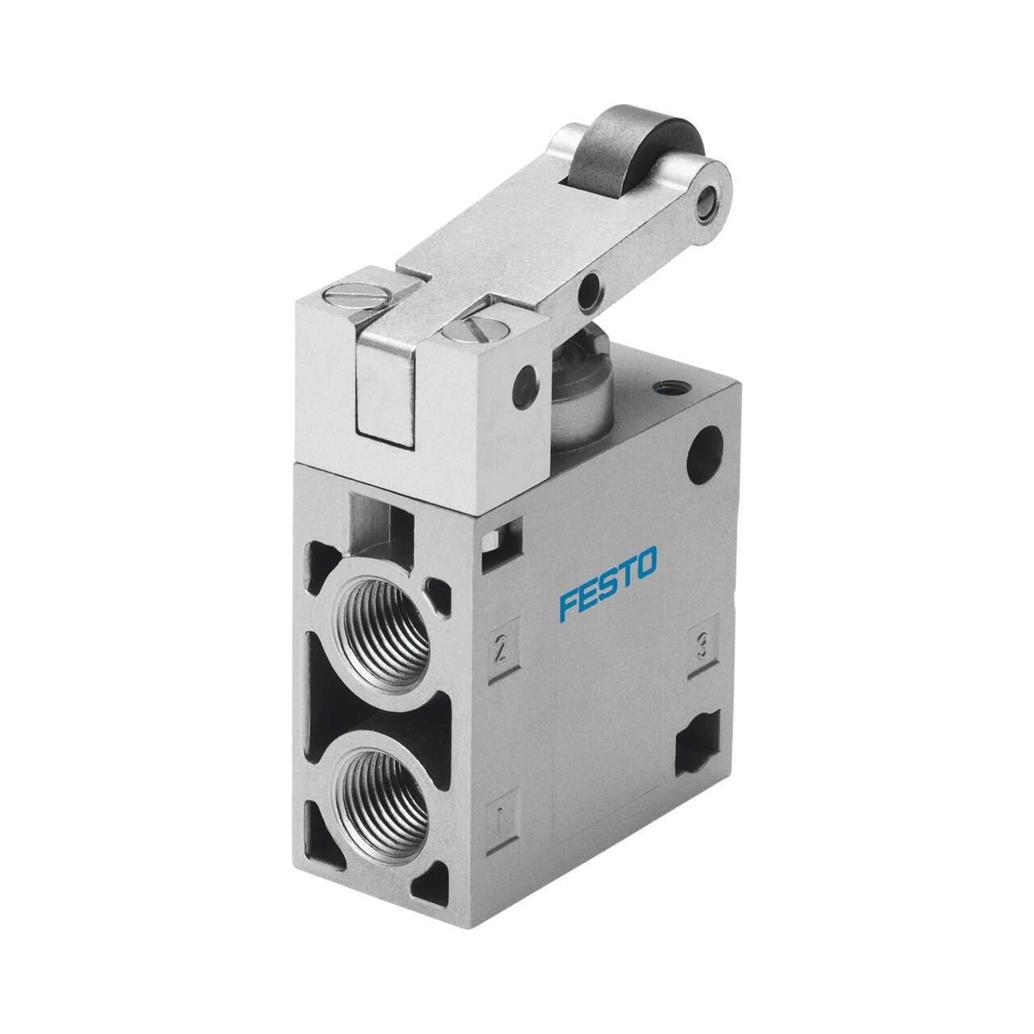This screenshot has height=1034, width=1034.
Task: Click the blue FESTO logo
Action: pos(607,584)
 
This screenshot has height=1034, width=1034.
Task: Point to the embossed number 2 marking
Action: pos(501,649)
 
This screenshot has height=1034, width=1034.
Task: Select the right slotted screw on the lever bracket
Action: pos(474,334)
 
